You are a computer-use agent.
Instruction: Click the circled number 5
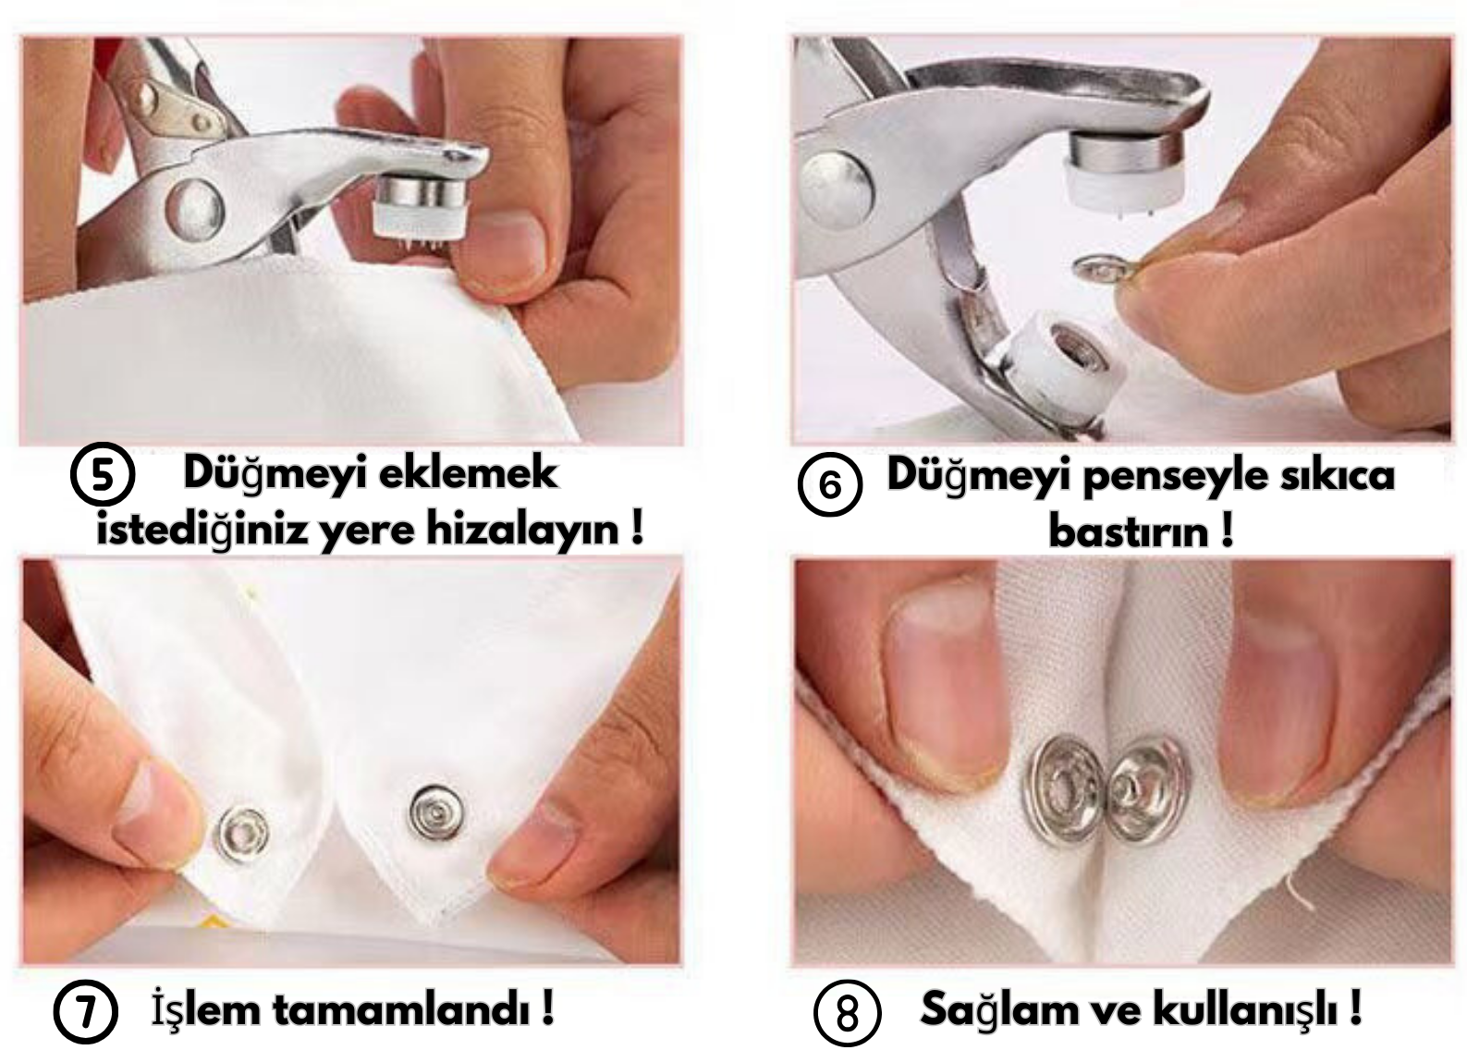coord(103,473)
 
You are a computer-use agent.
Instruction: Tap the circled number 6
coord(830,484)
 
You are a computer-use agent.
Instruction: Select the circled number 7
coord(86,1011)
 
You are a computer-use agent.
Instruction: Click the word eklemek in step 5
coord(469,473)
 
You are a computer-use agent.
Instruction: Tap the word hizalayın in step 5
coord(523,530)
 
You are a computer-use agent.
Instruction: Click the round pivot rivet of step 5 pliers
coord(194,210)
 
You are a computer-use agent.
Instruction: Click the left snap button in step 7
coord(244,835)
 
